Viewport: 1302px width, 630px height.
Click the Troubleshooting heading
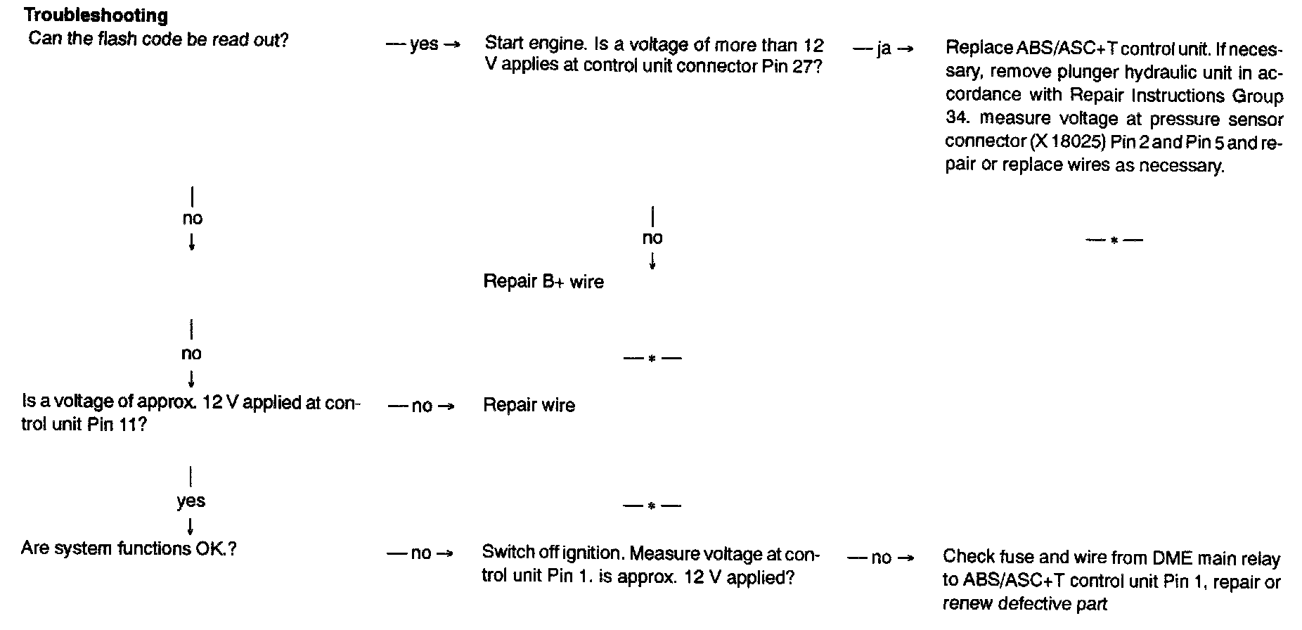click(96, 15)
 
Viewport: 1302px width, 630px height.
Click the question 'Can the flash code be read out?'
click(158, 39)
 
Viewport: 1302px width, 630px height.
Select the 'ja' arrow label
click(884, 49)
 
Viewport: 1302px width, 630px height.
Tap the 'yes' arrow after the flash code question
click(423, 45)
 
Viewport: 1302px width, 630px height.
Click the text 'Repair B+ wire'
click(543, 282)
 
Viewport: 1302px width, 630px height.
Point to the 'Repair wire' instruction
click(529, 406)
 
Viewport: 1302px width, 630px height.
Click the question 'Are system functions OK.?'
click(129, 548)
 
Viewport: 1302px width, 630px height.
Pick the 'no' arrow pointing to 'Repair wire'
click(422, 406)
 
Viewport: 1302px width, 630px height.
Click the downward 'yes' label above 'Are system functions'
click(191, 501)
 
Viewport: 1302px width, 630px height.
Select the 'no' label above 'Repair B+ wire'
click(652, 238)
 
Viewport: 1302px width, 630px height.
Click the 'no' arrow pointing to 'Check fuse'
click(881, 558)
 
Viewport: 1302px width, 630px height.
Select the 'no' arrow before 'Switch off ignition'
click(420, 553)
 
